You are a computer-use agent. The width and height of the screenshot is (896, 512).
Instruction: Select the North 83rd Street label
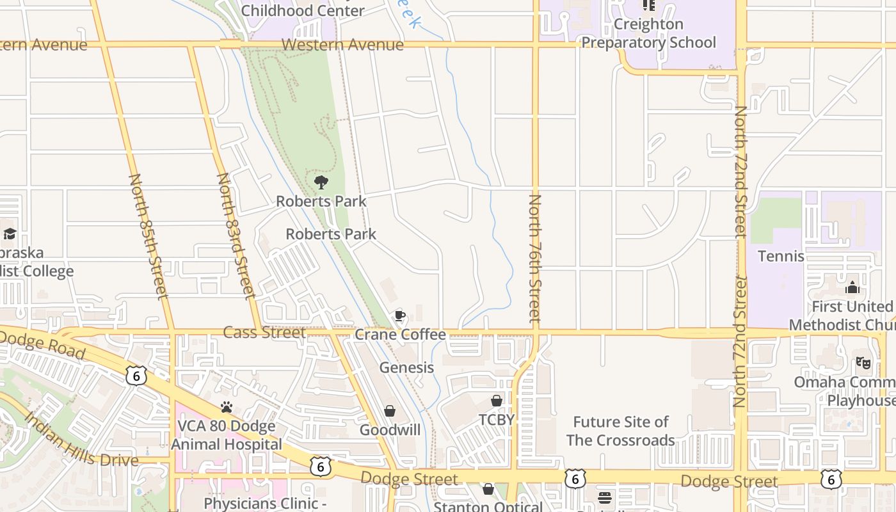(236, 236)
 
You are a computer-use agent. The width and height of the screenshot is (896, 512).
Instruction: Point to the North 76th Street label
(535, 258)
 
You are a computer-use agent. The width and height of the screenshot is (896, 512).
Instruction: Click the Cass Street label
(264, 332)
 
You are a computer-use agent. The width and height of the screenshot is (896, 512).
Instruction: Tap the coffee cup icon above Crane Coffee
(399, 315)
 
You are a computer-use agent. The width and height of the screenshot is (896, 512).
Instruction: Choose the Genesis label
(406, 367)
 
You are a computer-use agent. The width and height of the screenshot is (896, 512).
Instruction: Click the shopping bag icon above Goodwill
(389, 411)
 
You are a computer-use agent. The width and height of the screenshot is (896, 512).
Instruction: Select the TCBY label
(497, 419)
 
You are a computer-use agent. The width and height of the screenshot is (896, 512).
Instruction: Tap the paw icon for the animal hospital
(226, 407)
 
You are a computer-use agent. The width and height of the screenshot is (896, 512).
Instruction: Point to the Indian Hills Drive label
(81, 440)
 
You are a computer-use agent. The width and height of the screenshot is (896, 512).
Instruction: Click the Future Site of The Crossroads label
(620, 431)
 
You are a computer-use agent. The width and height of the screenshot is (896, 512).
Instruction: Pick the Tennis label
(781, 256)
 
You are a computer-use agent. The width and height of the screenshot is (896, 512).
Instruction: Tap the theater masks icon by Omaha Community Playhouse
(863, 363)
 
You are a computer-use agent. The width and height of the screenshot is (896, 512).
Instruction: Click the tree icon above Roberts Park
(321, 182)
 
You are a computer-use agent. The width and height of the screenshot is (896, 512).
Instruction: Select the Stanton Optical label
(488, 506)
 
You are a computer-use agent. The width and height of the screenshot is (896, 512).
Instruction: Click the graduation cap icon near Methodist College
(10, 234)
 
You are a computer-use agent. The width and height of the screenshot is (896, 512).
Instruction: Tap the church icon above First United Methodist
(852, 287)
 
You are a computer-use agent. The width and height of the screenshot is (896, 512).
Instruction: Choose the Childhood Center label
(303, 10)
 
